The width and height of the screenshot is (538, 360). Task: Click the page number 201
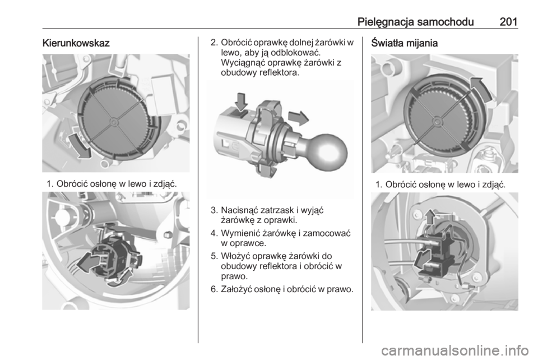508,22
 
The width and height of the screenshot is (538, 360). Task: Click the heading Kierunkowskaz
76,43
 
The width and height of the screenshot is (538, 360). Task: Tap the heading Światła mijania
405,43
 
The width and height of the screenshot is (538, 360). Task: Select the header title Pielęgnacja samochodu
415,22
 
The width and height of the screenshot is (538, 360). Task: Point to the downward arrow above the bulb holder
241,102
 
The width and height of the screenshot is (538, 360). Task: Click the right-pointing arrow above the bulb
299,118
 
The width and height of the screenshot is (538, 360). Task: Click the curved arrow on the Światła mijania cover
480,89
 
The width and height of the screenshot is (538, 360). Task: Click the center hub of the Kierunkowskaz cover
114,121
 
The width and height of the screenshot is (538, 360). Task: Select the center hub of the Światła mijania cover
437,121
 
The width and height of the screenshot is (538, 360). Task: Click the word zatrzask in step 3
277,210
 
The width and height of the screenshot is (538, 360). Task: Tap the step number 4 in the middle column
214,234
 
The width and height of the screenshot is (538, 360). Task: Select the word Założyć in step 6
236,289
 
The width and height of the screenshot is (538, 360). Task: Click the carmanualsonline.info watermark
455,350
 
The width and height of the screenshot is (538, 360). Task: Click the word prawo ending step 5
234,276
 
